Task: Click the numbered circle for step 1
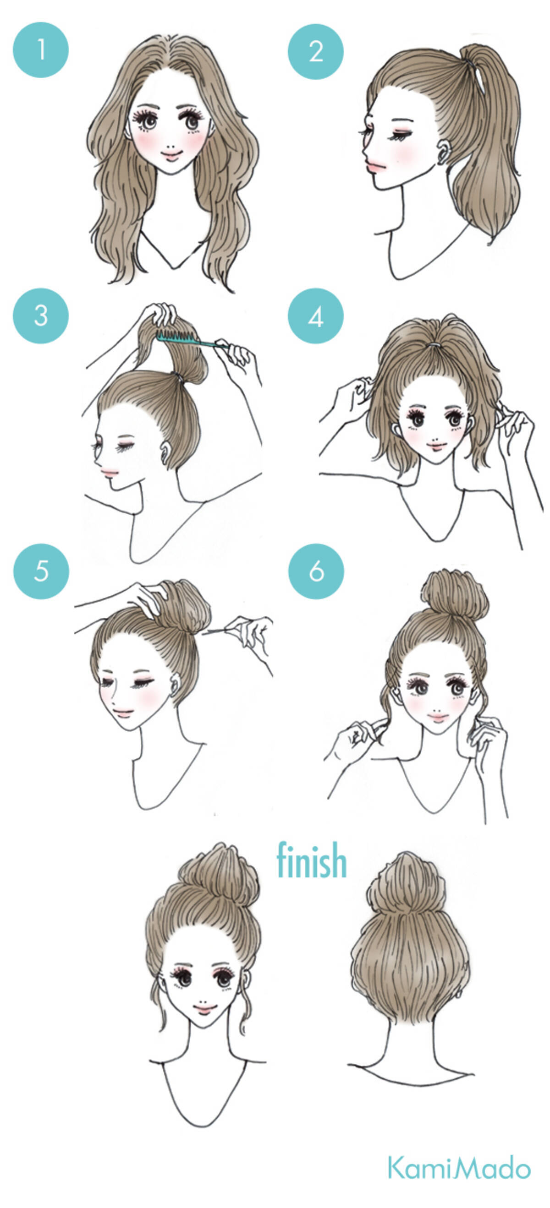click(41, 50)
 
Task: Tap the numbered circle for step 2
click(315, 51)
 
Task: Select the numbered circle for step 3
click(41, 316)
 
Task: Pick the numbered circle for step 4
click(315, 316)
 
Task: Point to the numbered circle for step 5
click(41, 571)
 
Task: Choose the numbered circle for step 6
click(316, 571)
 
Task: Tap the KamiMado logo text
click(458, 1167)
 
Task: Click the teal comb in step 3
click(188, 339)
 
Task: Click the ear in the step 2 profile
click(444, 152)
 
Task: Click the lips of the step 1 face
click(172, 156)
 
